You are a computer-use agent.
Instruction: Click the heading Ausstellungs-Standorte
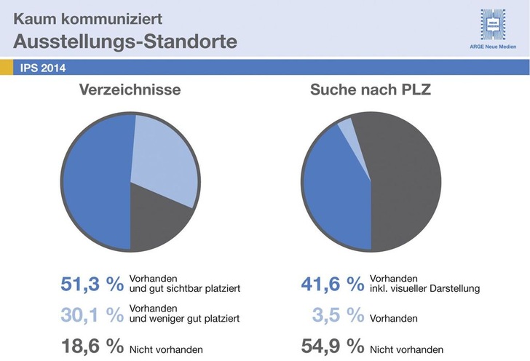[x=124, y=41]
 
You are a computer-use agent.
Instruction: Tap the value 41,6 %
[x=332, y=285]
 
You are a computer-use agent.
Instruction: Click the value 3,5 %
[x=339, y=316]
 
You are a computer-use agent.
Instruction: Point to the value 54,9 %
[x=332, y=347]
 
